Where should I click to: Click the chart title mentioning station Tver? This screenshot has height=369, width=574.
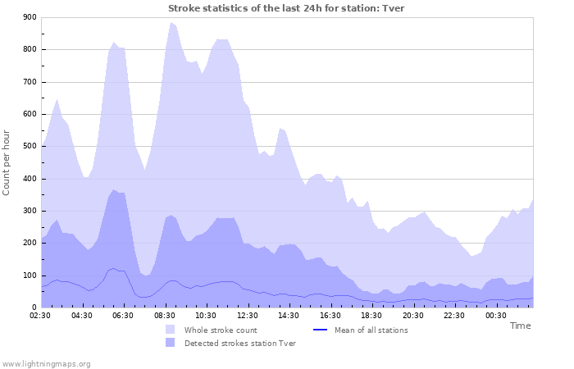pos(286,8)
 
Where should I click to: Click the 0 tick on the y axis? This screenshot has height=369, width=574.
pos(33,307)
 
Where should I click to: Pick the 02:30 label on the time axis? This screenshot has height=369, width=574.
pos(41,315)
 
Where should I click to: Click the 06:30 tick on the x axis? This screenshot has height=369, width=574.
pos(124,315)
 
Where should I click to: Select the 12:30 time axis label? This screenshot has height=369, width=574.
pos(248,315)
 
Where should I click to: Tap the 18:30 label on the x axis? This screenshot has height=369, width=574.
pos(371,315)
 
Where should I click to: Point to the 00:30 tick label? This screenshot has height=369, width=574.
pos(495,315)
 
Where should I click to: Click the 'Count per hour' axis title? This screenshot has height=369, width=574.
pos(7,162)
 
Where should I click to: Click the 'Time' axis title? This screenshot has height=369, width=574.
pos(520,326)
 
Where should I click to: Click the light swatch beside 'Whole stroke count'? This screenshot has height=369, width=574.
pos(171,330)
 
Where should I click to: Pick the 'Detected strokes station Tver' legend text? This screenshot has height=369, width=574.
pos(239,344)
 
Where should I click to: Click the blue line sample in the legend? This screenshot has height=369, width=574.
pos(321,330)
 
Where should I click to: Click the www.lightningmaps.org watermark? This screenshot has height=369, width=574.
pos(46,363)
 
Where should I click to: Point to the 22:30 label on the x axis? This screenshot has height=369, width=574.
pos(454,315)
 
